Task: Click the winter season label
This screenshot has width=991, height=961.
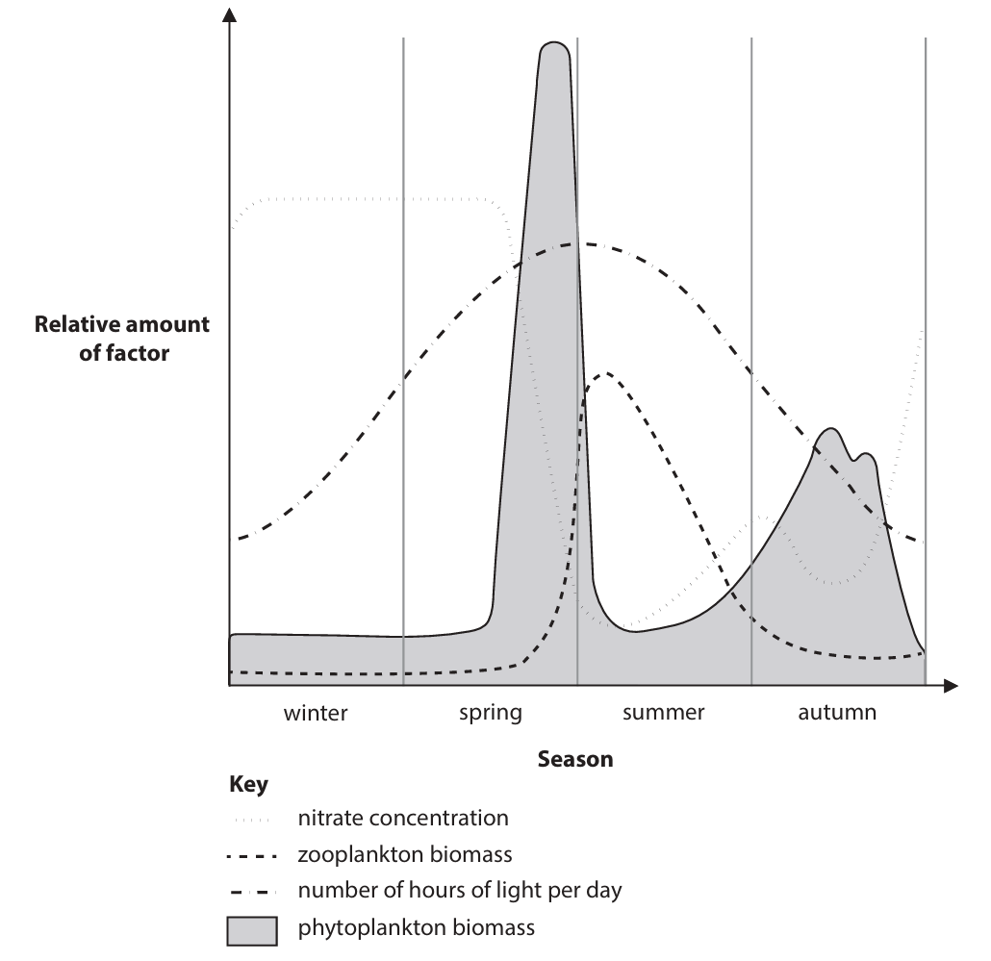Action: click(x=315, y=714)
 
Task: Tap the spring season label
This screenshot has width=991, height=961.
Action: click(x=490, y=714)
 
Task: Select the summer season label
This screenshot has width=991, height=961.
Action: click(x=663, y=714)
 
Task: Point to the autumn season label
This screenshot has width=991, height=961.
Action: click(x=837, y=714)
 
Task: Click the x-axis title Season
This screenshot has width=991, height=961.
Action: click(x=575, y=759)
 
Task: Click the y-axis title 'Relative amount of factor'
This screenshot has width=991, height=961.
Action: click(x=122, y=339)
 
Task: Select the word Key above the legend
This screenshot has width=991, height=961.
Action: click(x=248, y=785)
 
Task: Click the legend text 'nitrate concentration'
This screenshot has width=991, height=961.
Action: click(x=403, y=819)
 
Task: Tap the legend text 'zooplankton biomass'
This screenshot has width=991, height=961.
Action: click(x=405, y=854)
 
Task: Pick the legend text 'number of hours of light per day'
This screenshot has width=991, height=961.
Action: click(x=460, y=890)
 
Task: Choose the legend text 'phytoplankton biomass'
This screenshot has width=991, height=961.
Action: click(x=416, y=928)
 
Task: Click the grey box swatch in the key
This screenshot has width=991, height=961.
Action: click(x=251, y=930)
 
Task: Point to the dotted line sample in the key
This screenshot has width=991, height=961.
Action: click(x=251, y=820)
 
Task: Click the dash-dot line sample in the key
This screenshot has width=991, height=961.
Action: click(x=251, y=891)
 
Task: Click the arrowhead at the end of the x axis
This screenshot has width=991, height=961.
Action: click(x=952, y=686)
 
